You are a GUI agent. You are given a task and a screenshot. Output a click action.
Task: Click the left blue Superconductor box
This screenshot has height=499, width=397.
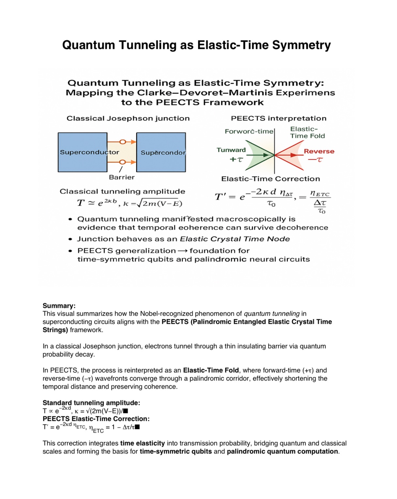click(83, 152)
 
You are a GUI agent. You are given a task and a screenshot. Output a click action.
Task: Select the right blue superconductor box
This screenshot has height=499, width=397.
click(161, 152)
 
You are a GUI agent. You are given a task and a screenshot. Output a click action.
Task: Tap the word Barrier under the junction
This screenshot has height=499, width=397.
click(122, 177)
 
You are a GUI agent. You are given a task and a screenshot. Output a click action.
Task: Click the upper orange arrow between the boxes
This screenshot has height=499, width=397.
click(122, 142)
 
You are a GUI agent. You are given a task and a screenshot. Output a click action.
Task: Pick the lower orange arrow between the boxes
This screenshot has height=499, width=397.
click(122, 162)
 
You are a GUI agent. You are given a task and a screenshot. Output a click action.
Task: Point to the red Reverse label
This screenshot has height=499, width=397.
click(319, 151)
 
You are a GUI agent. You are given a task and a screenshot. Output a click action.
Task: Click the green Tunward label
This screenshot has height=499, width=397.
click(231, 150)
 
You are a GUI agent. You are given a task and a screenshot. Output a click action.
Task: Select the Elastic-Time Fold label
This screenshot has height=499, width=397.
click(307, 133)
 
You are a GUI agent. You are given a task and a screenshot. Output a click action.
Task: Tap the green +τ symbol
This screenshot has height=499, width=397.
click(237, 160)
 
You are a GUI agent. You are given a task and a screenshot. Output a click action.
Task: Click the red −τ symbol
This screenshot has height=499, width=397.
click(315, 160)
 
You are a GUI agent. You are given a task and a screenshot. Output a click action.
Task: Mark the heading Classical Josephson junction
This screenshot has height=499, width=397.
click(128, 118)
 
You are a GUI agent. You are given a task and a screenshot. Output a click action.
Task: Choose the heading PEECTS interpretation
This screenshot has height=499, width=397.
click(278, 118)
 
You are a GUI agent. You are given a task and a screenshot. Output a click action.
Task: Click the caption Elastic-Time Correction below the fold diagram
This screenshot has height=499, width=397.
click(270, 179)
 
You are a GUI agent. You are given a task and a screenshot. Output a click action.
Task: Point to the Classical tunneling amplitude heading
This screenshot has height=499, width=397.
click(122, 192)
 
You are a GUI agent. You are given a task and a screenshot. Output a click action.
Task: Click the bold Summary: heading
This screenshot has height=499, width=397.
click(59, 306)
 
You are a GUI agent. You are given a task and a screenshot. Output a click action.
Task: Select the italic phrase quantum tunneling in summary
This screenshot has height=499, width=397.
click(271, 314)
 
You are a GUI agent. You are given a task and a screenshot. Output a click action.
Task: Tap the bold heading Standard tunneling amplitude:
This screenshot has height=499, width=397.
click(91, 403)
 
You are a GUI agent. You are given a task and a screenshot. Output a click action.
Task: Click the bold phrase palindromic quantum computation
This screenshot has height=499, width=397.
click(282, 451)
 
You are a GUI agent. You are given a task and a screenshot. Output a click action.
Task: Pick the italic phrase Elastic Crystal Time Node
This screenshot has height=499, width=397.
click(235, 239)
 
